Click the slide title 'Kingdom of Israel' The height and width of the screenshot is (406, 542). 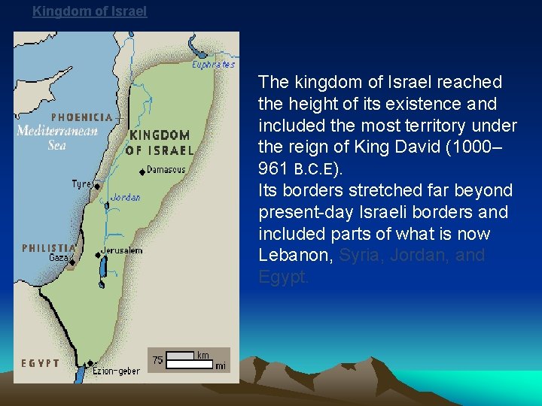pyautogui.click(x=90, y=11)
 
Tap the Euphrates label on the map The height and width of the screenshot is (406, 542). pyautogui.click(x=213, y=65)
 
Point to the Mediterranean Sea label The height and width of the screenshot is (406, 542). pyautogui.click(x=57, y=136)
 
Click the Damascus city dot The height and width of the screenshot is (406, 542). pyautogui.click(x=142, y=172)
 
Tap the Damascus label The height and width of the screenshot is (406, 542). pyautogui.click(x=166, y=169)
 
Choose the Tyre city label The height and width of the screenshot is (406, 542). pyautogui.click(x=81, y=183)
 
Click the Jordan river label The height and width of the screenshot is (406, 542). pyautogui.click(x=125, y=198)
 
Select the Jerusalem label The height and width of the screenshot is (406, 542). pyautogui.click(x=121, y=250)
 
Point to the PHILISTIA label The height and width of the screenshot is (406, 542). pyautogui.click(x=49, y=247)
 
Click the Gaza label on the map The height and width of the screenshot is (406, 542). pyautogui.click(x=58, y=257)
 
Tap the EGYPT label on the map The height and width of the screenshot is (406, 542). pyautogui.click(x=41, y=363)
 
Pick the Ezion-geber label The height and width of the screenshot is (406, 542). pyautogui.click(x=116, y=371)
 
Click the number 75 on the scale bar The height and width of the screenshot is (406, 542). pyautogui.click(x=157, y=360)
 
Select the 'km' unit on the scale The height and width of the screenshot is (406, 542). pyautogui.click(x=202, y=355)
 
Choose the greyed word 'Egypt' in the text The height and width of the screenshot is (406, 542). pyautogui.click(x=282, y=277)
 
